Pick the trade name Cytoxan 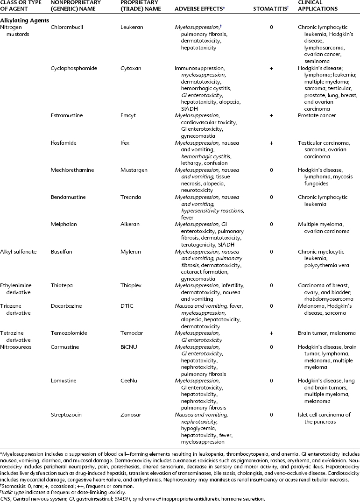130,68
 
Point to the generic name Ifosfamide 64,142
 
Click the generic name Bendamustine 68,197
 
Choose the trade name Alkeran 130,224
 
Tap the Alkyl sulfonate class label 19,251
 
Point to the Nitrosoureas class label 16,347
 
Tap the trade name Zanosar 131,415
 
